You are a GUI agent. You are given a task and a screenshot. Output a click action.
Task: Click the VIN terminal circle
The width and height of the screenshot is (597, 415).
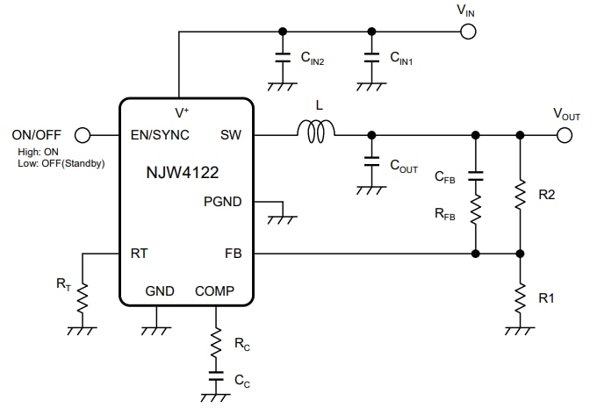pos(468,32)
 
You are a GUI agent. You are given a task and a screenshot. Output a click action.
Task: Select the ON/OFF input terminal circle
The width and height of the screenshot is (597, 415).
pos(83,135)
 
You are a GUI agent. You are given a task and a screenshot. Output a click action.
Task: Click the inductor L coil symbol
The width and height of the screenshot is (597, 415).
pos(316,133)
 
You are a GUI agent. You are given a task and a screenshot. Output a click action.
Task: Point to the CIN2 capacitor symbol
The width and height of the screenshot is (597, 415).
pos(282,59)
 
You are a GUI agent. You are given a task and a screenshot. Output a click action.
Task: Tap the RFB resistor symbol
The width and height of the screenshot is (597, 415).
pos(475,210)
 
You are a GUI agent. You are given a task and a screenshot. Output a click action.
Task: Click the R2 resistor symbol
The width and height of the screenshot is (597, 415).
pos(520,195)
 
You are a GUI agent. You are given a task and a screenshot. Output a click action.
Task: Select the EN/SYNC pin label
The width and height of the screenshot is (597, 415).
pos(153,136)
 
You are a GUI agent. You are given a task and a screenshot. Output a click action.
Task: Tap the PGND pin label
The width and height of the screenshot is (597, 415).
pos(222,201)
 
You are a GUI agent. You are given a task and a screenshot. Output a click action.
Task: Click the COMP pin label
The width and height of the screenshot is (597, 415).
pos(214,290)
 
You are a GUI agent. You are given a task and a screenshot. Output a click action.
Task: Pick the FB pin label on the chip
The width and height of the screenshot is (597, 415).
pos(233,254)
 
